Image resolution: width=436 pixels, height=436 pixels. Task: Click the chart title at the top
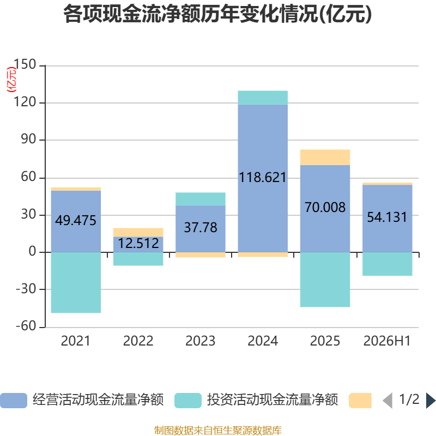[x=217, y=14]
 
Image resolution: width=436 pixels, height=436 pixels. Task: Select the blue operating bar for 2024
[x=263, y=178]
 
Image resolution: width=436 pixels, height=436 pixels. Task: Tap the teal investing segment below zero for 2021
[x=76, y=282]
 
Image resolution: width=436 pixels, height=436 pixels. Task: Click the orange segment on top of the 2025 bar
[x=325, y=158]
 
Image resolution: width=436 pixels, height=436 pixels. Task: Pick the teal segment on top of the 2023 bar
[x=201, y=199]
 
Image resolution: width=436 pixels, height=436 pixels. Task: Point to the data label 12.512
[x=138, y=243]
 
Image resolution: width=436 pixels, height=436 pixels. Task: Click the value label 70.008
[x=325, y=207]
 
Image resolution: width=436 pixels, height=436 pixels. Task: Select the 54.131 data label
[x=387, y=217]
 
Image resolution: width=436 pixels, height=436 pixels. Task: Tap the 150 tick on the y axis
[x=25, y=64]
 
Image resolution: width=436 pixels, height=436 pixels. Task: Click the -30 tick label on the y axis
[x=26, y=289]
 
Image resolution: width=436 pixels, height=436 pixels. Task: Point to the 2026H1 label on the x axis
[x=387, y=341]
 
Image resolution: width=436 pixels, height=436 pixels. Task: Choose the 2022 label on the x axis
[x=138, y=341]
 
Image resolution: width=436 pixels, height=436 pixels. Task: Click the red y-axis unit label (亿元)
[x=11, y=80]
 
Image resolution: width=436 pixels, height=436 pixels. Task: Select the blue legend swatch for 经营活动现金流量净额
[x=14, y=401]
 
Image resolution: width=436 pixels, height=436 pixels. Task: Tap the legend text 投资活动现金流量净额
[x=272, y=400]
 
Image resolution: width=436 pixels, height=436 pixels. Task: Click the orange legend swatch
[x=360, y=401]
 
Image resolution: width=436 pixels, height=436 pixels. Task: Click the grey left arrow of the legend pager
[x=387, y=401]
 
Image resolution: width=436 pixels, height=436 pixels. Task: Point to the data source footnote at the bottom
[x=218, y=430]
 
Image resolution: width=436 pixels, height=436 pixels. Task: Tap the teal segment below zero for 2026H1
[x=387, y=264]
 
